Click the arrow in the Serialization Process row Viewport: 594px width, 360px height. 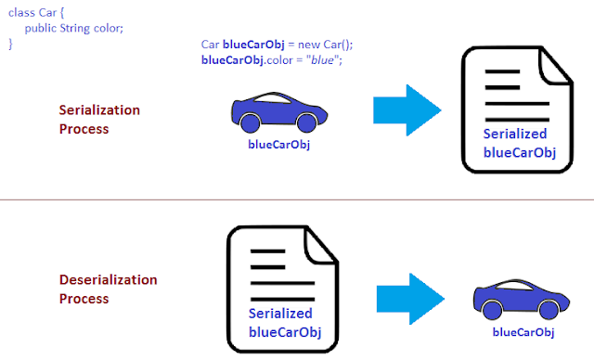(x=407, y=110)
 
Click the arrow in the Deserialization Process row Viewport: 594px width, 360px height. (x=410, y=299)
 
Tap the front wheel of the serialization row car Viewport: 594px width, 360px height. (x=307, y=123)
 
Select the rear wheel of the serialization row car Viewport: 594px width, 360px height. (x=250, y=123)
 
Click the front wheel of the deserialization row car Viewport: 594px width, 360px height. (x=549, y=310)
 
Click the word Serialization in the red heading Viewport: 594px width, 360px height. (x=99, y=110)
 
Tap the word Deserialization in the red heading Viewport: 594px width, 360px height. (x=109, y=280)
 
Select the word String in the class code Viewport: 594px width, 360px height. (x=75, y=29)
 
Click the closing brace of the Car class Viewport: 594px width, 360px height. (x=10, y=44)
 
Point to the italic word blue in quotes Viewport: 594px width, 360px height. (x=322, y=60)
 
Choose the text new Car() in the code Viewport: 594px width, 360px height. (x=326, y=45)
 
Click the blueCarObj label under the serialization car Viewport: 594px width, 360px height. (x=279, y=145)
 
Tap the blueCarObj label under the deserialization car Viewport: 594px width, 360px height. (x=523, y=332)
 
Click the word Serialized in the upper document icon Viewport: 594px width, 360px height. (x=515, y=134)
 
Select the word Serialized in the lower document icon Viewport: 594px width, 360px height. (x=280, y=314)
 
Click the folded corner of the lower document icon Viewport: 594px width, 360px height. (x=320, y=246)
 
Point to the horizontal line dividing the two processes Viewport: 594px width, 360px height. (x=297, y=199)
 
